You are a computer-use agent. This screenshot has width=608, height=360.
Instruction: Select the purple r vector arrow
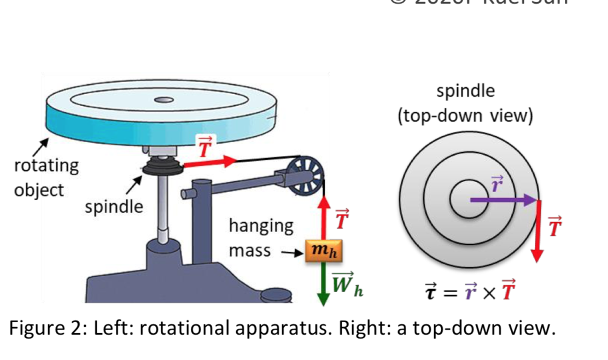(x=503, y=200)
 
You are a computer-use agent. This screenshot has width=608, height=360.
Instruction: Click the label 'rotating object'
(x=46, y=177)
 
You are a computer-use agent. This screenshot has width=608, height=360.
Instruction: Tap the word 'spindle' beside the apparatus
(x=114, y=207)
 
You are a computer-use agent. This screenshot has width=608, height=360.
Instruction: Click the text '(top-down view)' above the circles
(x=465, y=117)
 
